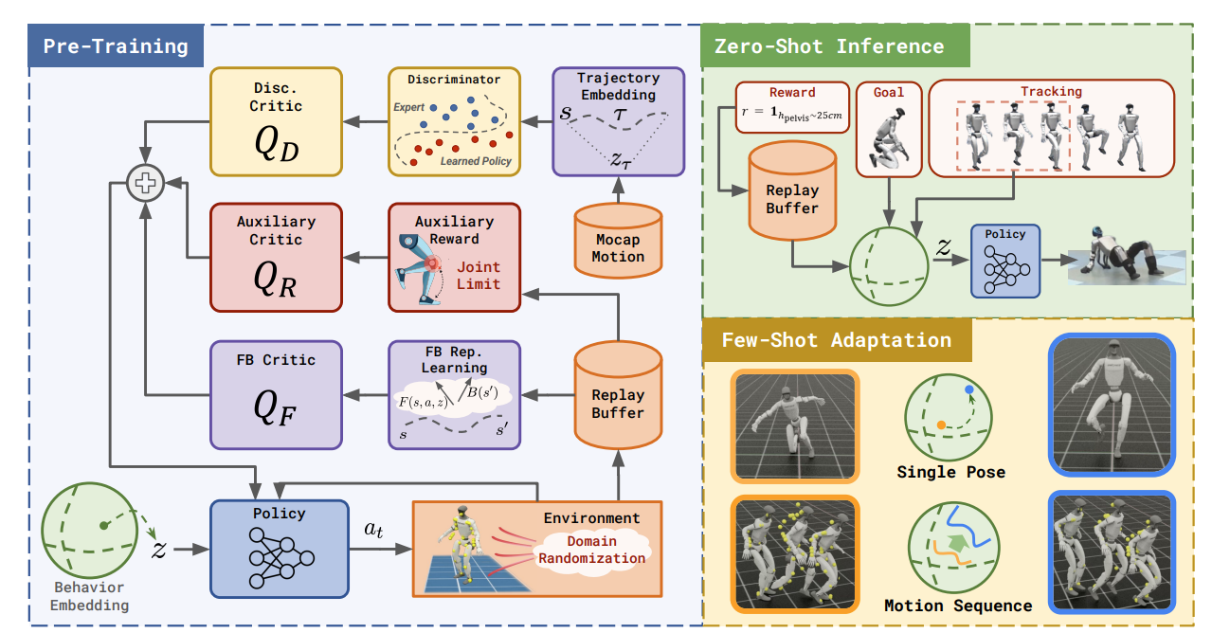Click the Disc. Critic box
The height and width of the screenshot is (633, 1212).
point(276,121)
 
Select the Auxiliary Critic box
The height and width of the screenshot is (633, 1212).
point(276,258)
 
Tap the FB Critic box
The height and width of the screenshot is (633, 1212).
point(276,395)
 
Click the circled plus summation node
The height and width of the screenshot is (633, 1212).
point(145,183)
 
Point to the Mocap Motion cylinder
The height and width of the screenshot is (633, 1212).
point(618,242)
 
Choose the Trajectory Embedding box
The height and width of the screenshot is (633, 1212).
point(619,121)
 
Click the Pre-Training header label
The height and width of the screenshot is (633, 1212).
point(116,46)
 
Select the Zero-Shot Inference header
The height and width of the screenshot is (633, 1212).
point(835,45)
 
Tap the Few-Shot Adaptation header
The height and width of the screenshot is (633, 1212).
point(837,340)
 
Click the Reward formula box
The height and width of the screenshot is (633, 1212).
point(792,107)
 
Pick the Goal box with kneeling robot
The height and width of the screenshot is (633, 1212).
point(889,129)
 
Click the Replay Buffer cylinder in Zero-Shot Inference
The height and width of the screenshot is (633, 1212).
point(792,190)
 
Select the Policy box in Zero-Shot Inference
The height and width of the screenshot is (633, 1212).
point(1005,262)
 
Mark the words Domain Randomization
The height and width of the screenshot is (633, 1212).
point(592,550)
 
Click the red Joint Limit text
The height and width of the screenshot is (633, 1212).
point(479,276)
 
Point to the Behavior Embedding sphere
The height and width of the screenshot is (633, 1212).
point(90,531)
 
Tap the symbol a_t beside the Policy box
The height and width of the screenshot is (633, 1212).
point(373,529)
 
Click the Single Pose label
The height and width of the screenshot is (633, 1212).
point(951,472)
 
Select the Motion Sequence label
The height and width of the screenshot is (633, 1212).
point(958,606)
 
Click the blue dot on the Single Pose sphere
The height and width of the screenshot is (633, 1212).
point(969,389)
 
